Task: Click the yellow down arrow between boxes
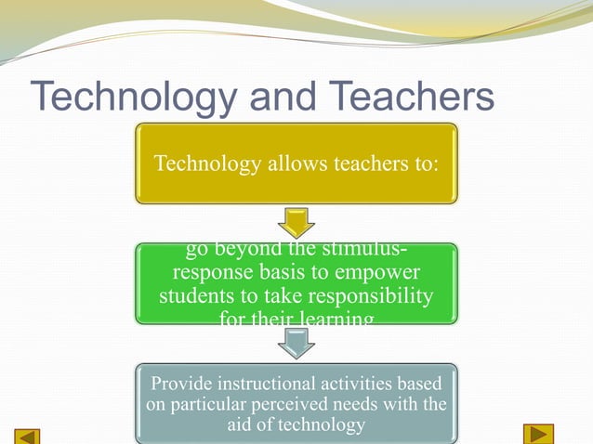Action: click(x=296, y=223)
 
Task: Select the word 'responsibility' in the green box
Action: click(x=374, y=298)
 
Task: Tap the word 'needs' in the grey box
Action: click(x=377, y=405)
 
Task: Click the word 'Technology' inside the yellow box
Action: click(x=201, y=164)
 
